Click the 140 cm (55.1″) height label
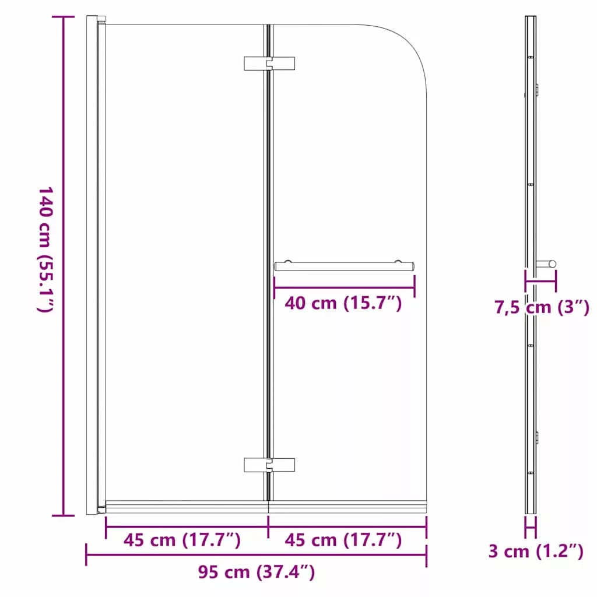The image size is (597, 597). pyautogui.click(x=45, y=250)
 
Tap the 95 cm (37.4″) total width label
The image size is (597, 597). pyautogui.click(x=257, y=572)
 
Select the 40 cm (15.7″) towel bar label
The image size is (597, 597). pyautogui.click(x=343, y=303)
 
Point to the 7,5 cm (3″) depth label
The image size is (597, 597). pyautogui.click(x=542, y=307)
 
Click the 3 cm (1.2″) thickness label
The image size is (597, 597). pyautogui.click(x=536, y=552)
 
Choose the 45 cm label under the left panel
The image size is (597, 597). pyautogui.click(x=182, y=540)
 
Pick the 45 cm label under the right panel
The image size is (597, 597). pyautogui.click(x=343, y=540)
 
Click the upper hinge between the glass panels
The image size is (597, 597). pyautogui.click(x=269, y=64)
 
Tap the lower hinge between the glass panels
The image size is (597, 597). pyautogui.click(x=269, y=465)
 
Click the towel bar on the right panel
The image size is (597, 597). pyautogui.click(x=344, y=266)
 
